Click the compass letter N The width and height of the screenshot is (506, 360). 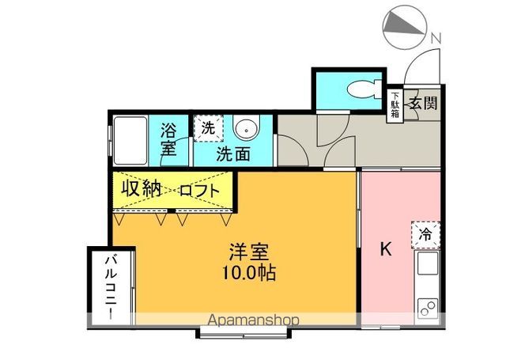point(436,38)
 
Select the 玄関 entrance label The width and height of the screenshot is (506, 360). point(424,102)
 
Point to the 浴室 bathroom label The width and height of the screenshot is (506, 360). point(168,138)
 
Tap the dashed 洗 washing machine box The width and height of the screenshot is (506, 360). point(207,127)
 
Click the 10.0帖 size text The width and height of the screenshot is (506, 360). point(250,275)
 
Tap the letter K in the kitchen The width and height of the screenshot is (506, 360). point(386,249)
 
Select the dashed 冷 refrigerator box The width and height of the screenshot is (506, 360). point(425,234)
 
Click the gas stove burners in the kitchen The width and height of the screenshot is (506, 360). point(428,305)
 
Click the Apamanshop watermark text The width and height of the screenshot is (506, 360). point(254,320)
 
